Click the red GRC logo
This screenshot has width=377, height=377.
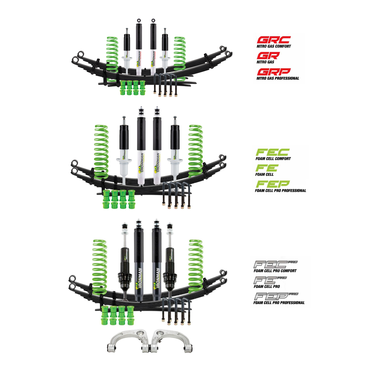coord(274,40)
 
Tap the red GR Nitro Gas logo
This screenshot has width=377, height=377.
coord(268,56)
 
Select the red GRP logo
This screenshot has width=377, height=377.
coord(274,72)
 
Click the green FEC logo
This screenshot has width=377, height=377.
coord(272,152)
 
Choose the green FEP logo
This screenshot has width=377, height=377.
coord(272,184)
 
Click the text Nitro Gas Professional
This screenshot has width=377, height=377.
coord(278,78)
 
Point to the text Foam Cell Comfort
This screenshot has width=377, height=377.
coord(273,159)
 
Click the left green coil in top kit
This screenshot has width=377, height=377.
coord(112,57)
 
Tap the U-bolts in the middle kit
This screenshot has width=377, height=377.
coord(176,195)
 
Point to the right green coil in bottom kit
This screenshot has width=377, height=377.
coord(195,265)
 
